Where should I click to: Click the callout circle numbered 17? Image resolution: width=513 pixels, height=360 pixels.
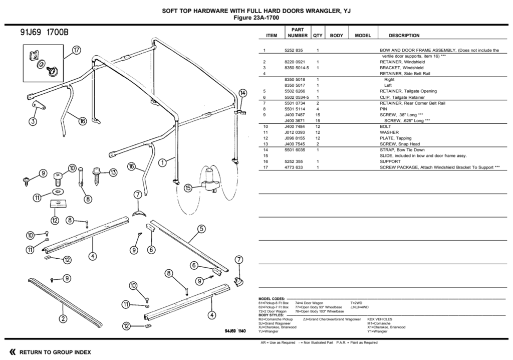pyautogui.click(x=76, y=51)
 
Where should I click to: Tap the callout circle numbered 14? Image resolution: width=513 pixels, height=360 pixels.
pyautogui.click(x=242, y=93)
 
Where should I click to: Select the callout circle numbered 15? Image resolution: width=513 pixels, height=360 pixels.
pyautogui.click(x=188, y=188)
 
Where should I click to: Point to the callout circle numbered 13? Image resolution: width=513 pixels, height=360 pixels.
pyautogui.click(x=113, y=172)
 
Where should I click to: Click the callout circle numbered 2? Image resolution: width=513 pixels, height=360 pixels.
pyautogui.click(x=63, y=318)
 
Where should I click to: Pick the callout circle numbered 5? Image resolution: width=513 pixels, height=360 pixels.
pyautogui.click(x=201, y=229)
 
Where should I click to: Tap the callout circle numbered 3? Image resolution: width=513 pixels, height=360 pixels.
pyautogui.click(x=33, y=121)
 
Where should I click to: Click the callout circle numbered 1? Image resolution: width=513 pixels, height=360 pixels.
pyautogui.click(x=163, y=162)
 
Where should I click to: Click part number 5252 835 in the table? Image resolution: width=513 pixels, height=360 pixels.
pyautogui.click(x=294, y=51)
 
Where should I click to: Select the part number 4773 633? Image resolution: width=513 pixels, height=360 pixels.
pyautogui.click(x=294, y=167)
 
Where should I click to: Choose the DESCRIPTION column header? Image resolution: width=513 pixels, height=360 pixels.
pyautogui.click(x=404, y=36)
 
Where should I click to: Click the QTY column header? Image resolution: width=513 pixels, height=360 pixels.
pyautogui.click(x=318, y=36)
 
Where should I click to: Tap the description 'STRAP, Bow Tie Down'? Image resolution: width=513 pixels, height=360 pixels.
pyautogui.click(x=402, y=150)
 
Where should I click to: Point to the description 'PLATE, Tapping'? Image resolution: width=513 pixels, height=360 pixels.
pyautogui.click(x=396, y=138)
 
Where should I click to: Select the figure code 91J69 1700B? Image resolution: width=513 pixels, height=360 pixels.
pyautogui.click(x=45, y=32)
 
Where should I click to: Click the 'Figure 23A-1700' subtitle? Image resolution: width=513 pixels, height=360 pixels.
pyautogui.click(x=256, y=18)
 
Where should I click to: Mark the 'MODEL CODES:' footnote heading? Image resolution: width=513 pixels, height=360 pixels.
pyautogui.click(x=272, y=299)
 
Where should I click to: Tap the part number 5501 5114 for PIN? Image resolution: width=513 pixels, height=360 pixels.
pyautogui.click(x=295, y=109)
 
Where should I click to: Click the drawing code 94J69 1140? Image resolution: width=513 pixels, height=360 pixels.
pyautogui.click(x=235, y=331)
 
